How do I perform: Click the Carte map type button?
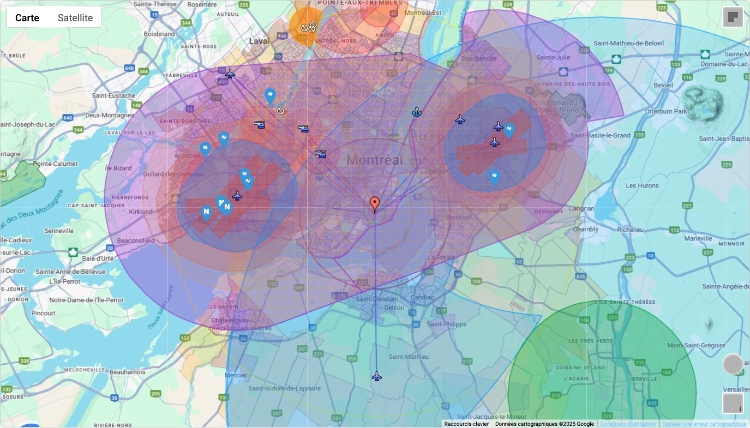27,18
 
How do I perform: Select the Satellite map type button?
75,18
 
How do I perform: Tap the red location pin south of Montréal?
375,204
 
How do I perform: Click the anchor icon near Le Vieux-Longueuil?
417,112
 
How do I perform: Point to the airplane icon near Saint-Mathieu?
376,376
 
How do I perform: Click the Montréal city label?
375,160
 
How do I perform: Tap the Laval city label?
260,41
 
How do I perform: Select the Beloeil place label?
665,85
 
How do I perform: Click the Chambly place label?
586,230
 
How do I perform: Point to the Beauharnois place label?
127,372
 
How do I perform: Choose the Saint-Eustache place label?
113,95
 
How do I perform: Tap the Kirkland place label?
141,211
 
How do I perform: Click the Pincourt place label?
44,313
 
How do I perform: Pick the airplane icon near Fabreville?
230,74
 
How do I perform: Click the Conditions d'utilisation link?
628,424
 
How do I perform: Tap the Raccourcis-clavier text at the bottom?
466,424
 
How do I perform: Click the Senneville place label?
59,231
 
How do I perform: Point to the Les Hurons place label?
642,185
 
